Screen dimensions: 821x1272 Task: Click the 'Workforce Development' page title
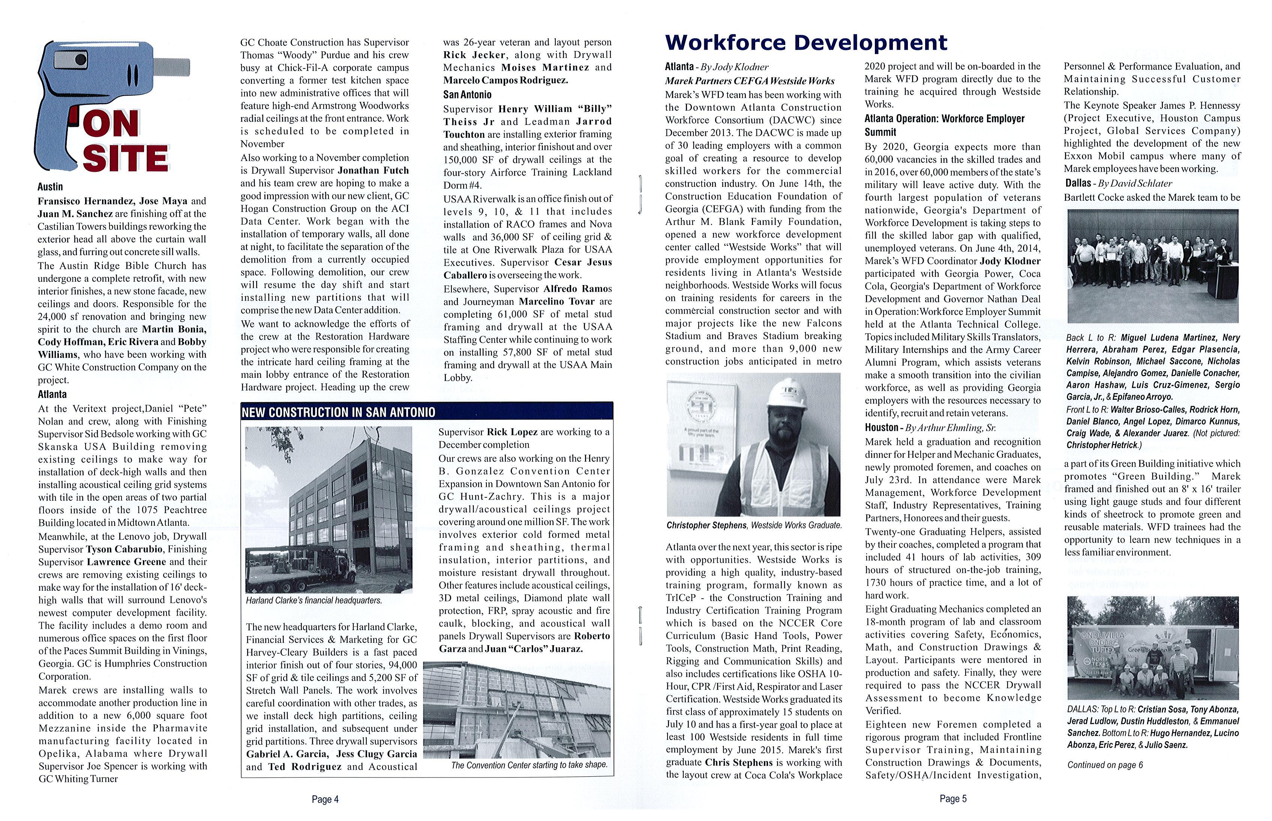[806, 43]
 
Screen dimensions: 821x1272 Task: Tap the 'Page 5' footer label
[953, 798]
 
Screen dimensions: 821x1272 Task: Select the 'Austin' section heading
[50, 187]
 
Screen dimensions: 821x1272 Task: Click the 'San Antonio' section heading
[467, 95]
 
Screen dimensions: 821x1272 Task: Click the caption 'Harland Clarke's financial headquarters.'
[314, 601]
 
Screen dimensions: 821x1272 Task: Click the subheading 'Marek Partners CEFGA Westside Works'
[749, 81]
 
